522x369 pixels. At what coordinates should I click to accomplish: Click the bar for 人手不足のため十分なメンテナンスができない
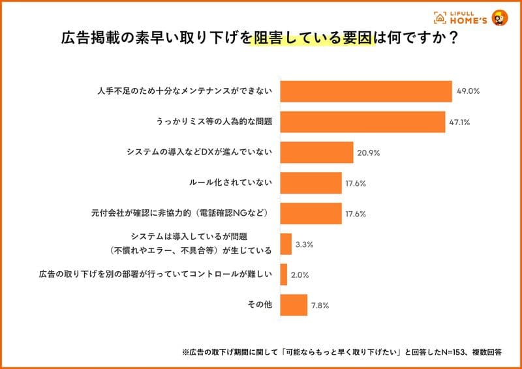[366, 91]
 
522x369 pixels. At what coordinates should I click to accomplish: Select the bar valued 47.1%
[363, 122]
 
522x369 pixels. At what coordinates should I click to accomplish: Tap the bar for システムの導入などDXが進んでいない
[316, 153]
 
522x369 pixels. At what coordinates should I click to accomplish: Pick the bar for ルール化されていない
[311, 183]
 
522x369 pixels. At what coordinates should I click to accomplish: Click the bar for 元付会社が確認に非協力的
[311, 214]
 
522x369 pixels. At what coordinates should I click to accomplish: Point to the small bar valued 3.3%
[286, 244]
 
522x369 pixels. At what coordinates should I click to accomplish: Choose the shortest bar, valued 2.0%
[284, 275]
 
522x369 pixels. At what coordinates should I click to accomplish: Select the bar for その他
[294, 305]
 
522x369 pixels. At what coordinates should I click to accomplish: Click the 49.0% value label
[468, 91]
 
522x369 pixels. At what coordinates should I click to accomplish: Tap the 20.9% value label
[369, 153]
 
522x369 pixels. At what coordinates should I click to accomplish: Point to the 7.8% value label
[320, 306]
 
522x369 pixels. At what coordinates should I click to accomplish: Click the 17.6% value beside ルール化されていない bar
[356, 183]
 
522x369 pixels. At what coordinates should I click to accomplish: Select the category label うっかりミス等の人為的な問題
[214, 122]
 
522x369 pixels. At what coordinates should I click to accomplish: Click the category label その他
[260, 304]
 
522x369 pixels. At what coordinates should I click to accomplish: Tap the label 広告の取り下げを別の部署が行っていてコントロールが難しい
[155, 274]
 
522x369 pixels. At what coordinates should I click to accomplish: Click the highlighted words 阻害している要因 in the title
[313, 38]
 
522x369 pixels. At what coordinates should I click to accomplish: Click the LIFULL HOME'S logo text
[468, 18]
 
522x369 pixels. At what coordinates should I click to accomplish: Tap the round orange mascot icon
[500, 18]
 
